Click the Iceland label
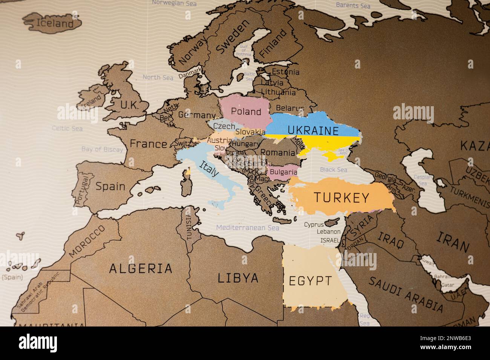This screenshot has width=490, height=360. point(54,23)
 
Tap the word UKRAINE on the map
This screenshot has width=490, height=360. point(313,131)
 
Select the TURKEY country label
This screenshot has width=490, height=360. point(341,198)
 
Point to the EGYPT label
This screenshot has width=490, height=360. point(311,281)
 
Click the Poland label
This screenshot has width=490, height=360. point(246,111)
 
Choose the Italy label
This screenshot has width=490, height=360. point(208,169)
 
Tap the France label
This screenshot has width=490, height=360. point(148,144)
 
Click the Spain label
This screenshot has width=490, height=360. point(110,186)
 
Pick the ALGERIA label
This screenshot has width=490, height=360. point(141,268)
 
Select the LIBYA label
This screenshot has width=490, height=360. point(238,278)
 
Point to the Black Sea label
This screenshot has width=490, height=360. point(333,169)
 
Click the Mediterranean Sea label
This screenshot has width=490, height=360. point(247,228)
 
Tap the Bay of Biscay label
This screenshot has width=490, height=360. point(102,149)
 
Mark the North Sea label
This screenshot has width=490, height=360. point(158,78)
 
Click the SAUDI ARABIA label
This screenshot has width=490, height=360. point(406,294)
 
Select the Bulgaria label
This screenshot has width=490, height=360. point(283,172)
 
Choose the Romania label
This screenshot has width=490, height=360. point(278,153)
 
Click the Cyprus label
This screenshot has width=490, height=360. point(314,225)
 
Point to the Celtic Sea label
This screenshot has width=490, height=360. point(67,128)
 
